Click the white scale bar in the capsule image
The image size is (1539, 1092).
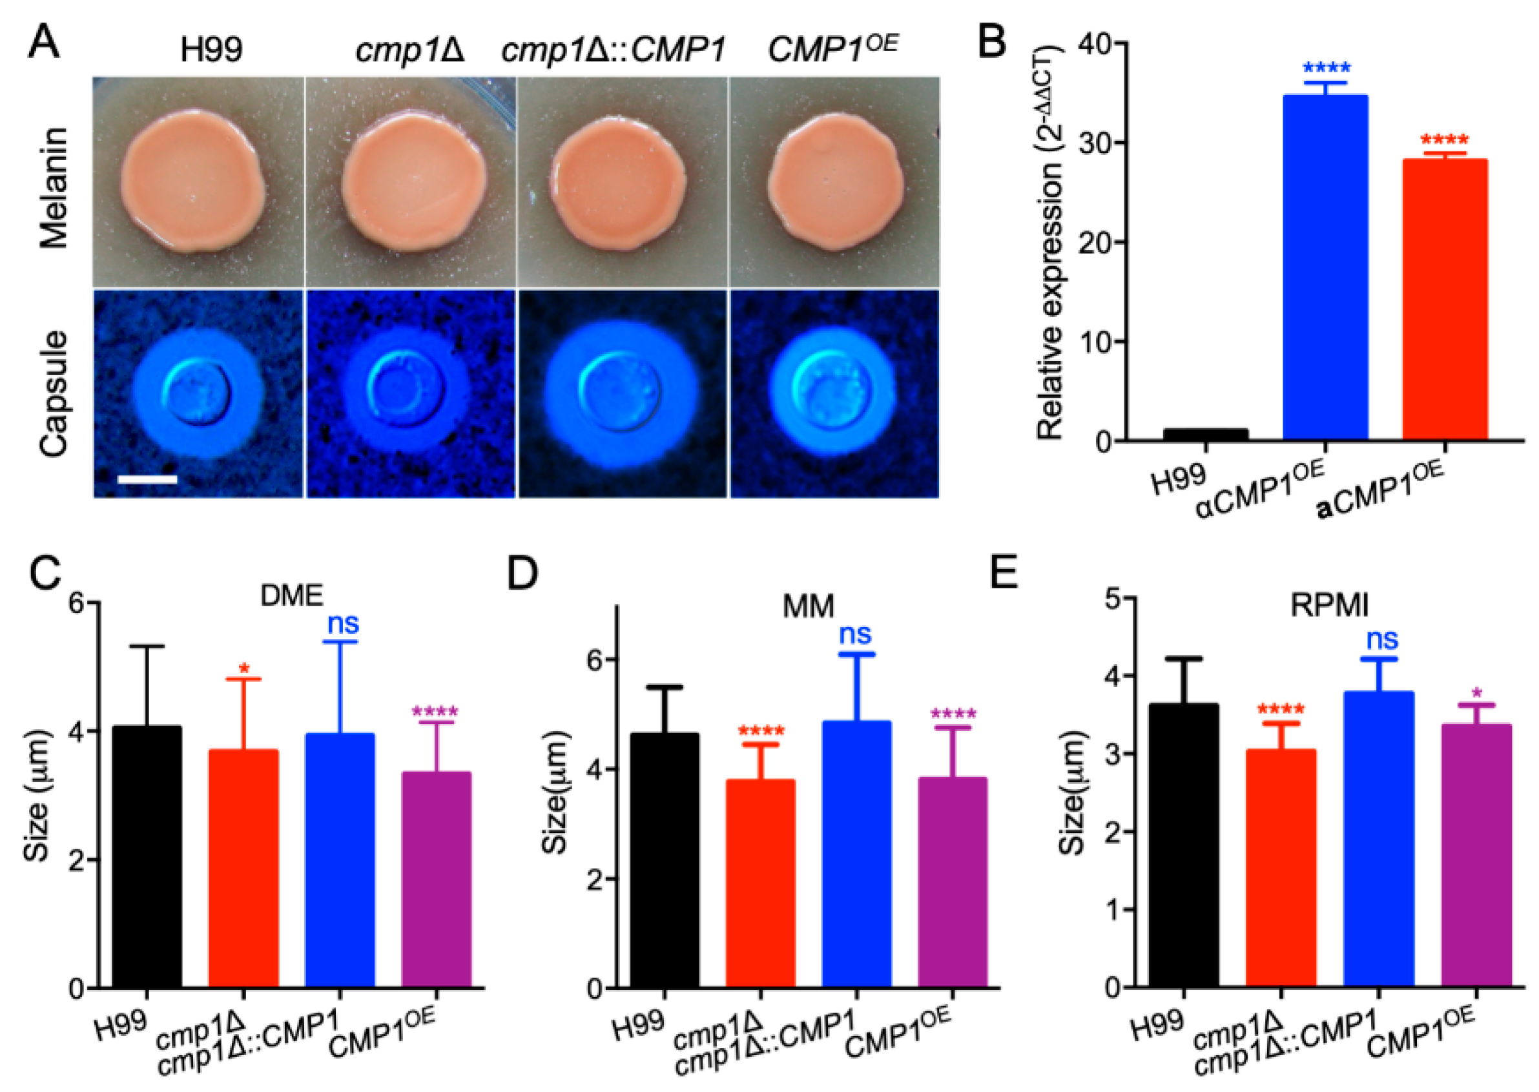pos(147,479)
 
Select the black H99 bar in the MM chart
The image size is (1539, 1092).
pos(665,861)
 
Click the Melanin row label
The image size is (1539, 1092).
pos(55,187)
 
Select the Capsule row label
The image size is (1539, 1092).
pos(55,394)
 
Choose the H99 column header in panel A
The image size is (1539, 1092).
pos(211,49)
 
